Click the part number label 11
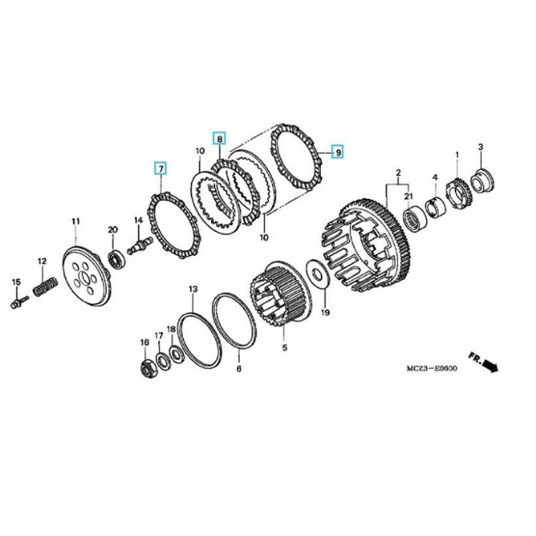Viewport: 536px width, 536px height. pos(75,221)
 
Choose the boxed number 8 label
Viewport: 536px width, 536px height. pos(219,138)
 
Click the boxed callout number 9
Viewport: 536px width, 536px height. pos(338,152)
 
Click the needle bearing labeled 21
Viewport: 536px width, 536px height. pos(415,219)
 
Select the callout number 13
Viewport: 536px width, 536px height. pos(192,289)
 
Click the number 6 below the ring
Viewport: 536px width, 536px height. pos(239,368)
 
